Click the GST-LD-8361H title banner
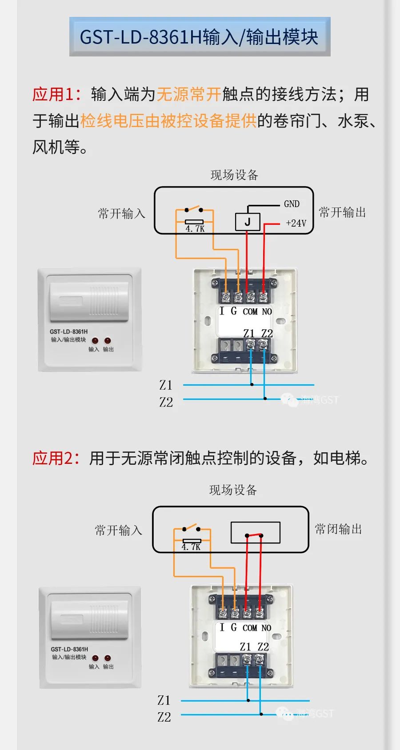200,37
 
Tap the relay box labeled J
247,222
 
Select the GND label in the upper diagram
292,204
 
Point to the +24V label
296,223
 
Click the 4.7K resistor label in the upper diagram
195,229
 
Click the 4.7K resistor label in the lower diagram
191,547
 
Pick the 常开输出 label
342,212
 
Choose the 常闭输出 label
338,529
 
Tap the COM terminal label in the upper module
250,311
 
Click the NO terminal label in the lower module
266,628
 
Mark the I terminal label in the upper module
222,311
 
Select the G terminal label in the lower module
233,627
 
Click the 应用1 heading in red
56,94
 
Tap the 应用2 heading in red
56,458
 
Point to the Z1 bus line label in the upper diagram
165,385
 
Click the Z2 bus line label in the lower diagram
164,717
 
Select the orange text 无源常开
189,94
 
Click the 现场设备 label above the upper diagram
234,175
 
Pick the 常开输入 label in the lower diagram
118,530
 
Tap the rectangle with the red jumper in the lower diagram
255,532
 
